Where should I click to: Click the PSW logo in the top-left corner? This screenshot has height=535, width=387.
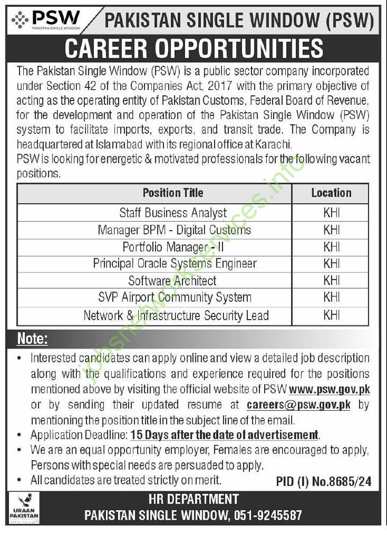click(x=46, y=20)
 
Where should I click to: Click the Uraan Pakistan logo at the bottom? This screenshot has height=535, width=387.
click(x=24, y=507)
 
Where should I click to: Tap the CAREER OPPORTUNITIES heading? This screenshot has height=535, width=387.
click(x=194, y=49)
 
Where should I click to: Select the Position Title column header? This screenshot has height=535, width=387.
click(x=173, y=193)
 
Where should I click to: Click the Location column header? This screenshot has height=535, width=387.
click(x=331, y=193)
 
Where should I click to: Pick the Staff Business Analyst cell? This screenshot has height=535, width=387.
click(x=173, y=213)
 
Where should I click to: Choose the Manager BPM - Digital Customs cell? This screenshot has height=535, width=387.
click(x=174, y=230)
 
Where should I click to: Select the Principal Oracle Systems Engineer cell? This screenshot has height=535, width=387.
click(x=175, y=264)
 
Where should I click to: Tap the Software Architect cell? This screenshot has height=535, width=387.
click(x=172, y=280)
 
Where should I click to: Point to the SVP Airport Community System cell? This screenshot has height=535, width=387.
click(x=175, y=297)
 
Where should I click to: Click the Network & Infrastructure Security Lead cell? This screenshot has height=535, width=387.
click(x=176, y=316)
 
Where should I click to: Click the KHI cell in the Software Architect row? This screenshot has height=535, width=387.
click(x=331, y=280)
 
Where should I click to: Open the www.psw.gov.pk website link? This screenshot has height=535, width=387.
click(x=329, y=389)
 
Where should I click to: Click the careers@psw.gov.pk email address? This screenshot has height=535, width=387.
click(x=299, y=405)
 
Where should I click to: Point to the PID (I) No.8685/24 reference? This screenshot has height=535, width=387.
click(x=323, y=482)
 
